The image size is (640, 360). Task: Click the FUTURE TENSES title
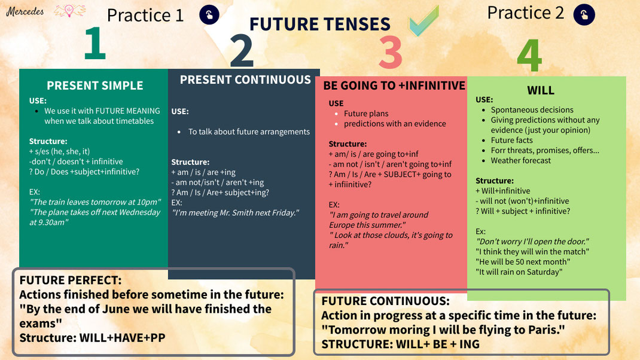point(319,24)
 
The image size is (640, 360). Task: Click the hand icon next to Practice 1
point(209,15)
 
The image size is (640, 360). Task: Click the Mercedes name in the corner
point(25,11)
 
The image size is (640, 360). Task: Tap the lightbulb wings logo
point(70,11)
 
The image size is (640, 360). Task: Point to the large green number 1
point(95,45)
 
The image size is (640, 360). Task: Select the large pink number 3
point(390,52)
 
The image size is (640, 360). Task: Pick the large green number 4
point(529,56)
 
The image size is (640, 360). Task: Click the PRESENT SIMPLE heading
point(95,86)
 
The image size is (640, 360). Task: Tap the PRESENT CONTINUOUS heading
point(245,80)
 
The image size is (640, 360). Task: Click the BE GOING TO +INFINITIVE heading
point(394,86)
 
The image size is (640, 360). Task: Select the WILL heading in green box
point(540,90)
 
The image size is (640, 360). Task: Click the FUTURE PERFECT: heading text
point(71,280)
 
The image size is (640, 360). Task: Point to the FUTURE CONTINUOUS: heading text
point(385,301)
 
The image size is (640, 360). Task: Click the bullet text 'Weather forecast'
point(520,160)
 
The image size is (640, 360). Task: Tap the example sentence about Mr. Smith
point(235,213)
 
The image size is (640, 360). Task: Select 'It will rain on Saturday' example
point(519,272)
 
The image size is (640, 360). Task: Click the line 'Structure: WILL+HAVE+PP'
point(92,338)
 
